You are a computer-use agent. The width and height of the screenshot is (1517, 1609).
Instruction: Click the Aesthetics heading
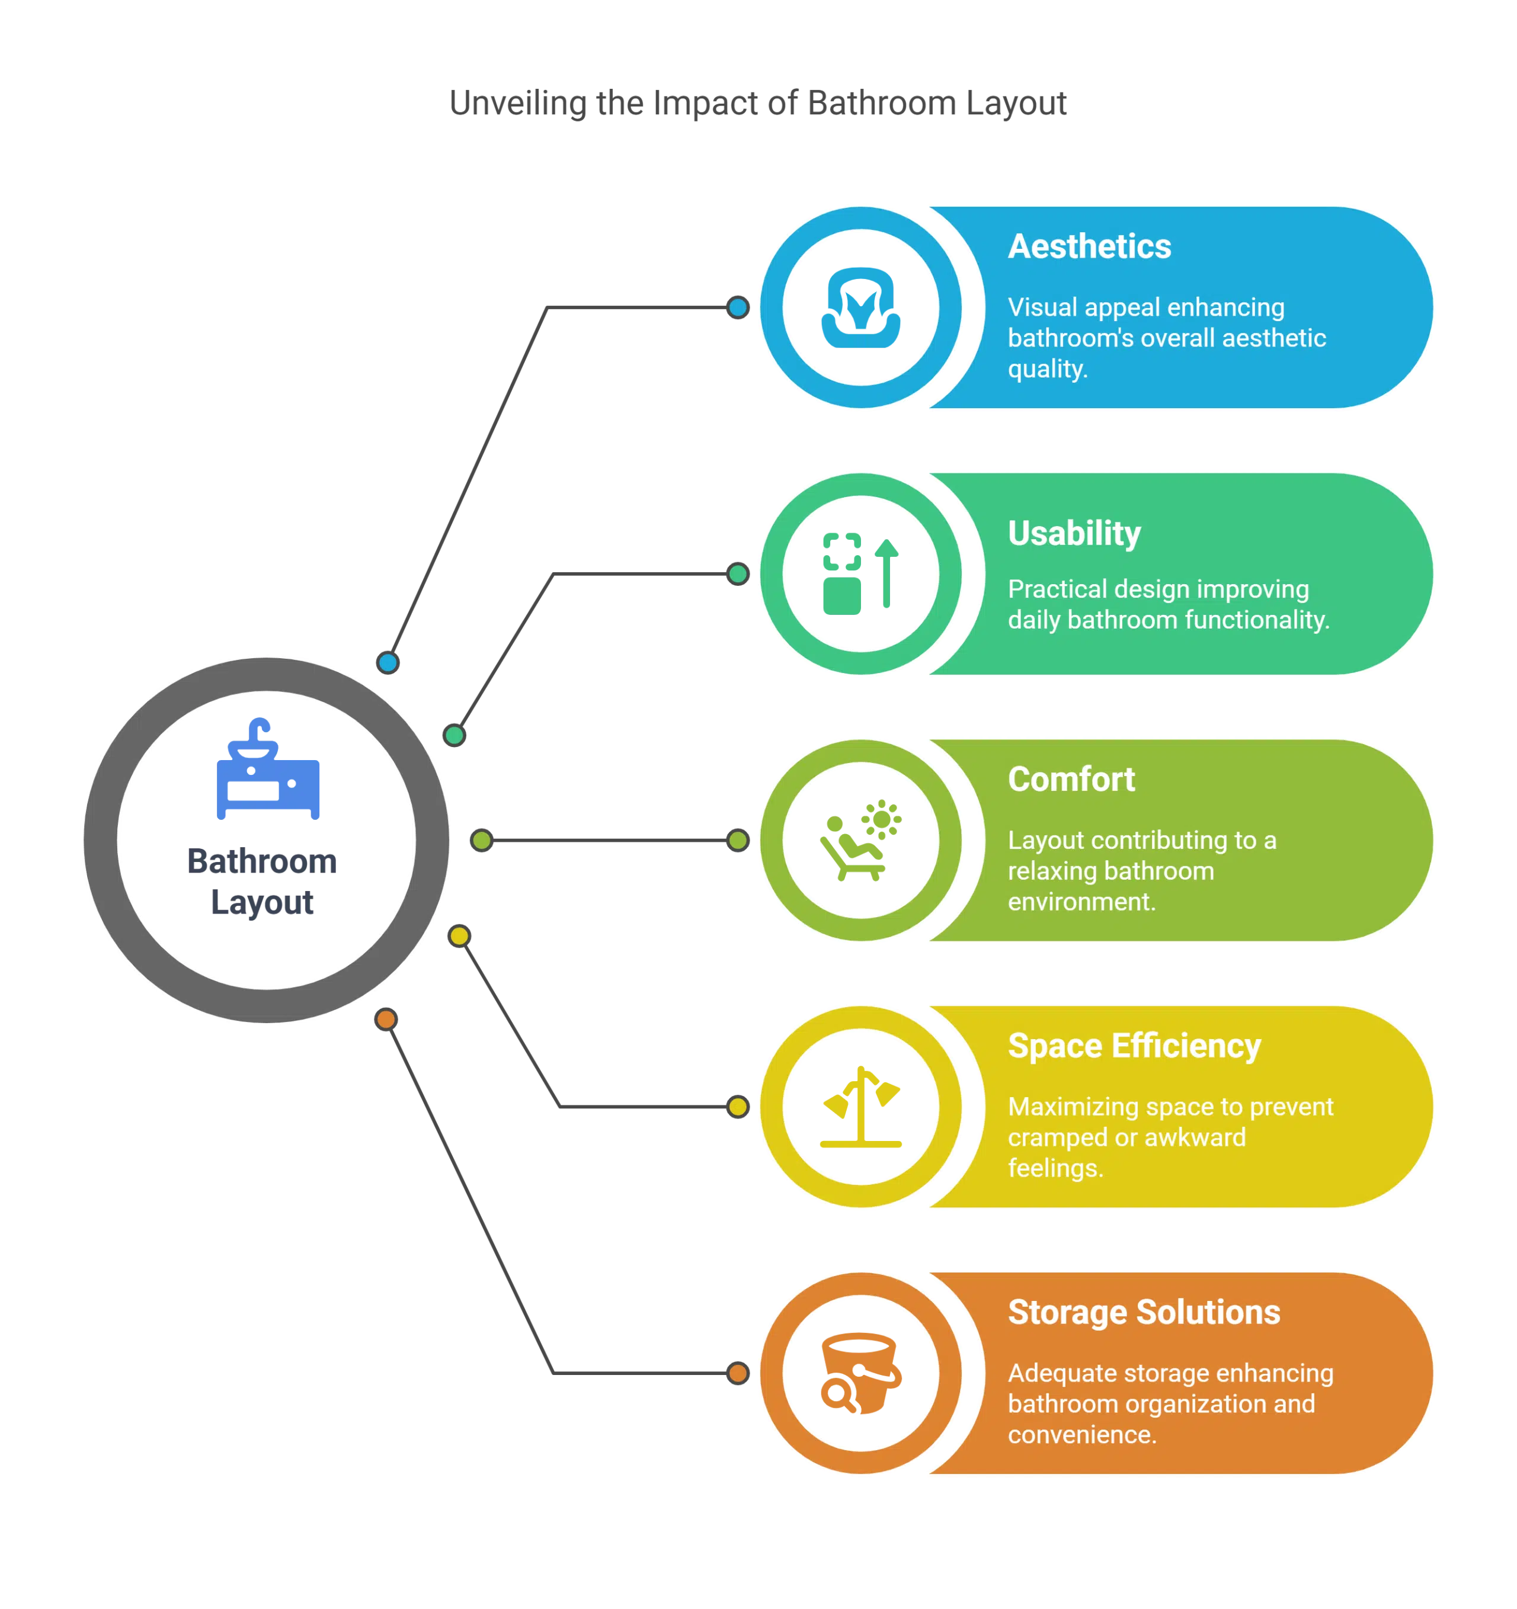click(x=1089, y=247)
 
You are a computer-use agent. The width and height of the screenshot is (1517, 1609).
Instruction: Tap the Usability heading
click(x=1074, y=533)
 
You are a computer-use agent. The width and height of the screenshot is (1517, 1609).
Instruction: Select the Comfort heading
click(x=1071, y=780)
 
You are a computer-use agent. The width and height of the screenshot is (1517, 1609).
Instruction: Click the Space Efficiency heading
click(x=1134, y=1046)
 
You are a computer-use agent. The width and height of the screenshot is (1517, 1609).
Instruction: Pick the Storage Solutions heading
click(x=1144, y=1312)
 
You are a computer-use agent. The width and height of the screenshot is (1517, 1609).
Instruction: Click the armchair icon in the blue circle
click(x=861, y=309)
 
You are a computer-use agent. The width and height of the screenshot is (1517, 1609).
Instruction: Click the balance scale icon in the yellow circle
click(x=861, y=1107)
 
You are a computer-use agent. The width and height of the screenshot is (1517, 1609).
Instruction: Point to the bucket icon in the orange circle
click(x=860, y=1373)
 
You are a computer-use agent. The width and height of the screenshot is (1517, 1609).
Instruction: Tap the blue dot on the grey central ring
click(x=388, y=663)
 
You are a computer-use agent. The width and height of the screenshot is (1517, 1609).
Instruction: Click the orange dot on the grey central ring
click(x=386, y=1019)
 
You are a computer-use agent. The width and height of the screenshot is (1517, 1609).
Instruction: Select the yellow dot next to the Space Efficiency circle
click(x=737, y=1107)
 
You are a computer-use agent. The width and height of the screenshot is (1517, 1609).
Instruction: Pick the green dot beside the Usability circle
click(x=737, y=574)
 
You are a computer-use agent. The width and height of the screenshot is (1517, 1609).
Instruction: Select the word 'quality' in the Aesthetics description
click(x=1046, y=369)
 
